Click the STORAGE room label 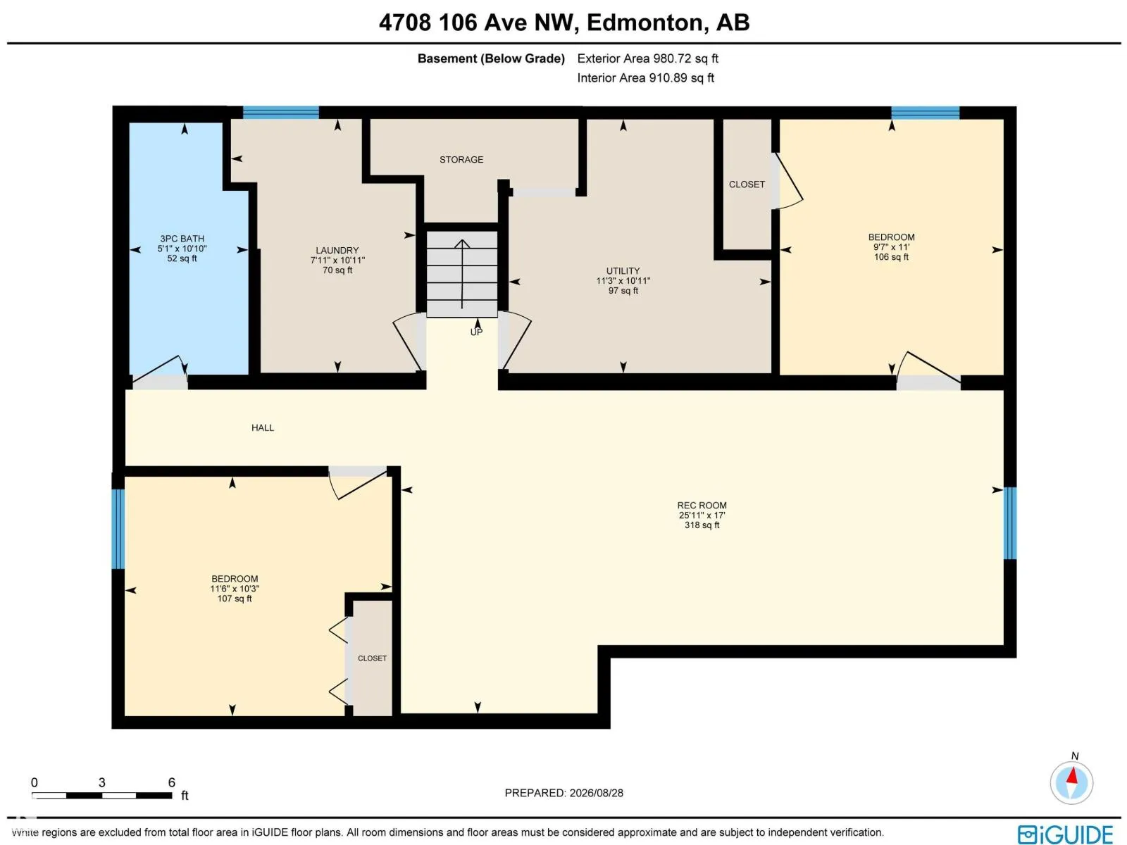click(461, 160)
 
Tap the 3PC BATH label click(182, 239)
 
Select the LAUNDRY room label click(337, 251)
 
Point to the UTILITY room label click(623, 271)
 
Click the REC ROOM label click(702, 506)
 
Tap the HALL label click(262, 428)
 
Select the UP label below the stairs click(476, 332)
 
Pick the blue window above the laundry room click(280, 113)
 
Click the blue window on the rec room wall click(1009, 522)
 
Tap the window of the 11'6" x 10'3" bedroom click(118, 529)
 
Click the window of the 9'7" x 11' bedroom click(925, 113)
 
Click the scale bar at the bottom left click(101, 795)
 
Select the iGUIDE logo click(1065, 834)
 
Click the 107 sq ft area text click(235, 599)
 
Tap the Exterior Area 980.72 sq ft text click(647, 58)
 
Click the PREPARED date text click(563, 793)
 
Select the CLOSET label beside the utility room click(747, 184)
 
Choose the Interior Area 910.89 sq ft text click(645, 78)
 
